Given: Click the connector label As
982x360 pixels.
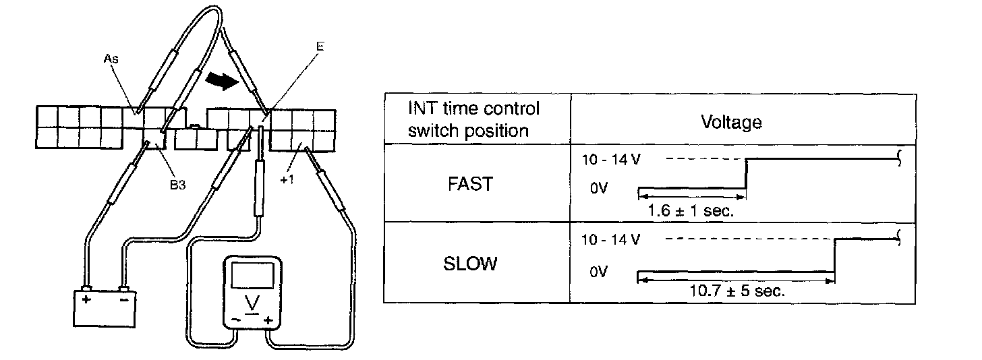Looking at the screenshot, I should pos(111,59).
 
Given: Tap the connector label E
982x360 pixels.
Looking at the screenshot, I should pos(320,47).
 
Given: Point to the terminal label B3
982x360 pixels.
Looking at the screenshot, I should pos(177,185).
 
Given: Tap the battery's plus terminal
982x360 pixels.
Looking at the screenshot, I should pos(86,291).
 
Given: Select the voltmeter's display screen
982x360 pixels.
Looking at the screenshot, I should pos(252,277).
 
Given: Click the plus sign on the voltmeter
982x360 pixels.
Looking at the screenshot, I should pos(268,320).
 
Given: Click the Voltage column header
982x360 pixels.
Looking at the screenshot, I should pos(731,122).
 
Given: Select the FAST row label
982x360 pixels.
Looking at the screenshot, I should pos(469,185).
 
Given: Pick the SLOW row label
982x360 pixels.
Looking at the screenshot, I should pos(470,263).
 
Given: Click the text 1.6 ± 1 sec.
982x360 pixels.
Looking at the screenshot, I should pos(690,210).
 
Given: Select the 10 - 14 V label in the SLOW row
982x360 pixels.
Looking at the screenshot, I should pos(610,239).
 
